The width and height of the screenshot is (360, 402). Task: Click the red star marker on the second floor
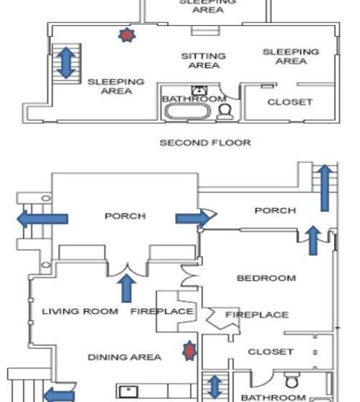coord(127,35)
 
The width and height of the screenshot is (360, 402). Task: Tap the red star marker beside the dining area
coord(189,351)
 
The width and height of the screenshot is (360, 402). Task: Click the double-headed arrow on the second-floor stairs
coord(66,63)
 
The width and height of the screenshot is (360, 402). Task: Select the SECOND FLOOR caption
coord(205,143)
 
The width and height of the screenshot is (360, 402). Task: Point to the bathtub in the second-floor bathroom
coord(188,111)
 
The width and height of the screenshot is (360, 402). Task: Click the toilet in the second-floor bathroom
coord(225,112)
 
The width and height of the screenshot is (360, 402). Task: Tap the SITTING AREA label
coord(204,60)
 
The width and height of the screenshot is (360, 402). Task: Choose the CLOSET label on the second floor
coord(290,102)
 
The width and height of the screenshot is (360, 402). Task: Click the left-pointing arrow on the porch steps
coord(42,219)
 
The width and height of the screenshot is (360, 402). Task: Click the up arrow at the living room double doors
coord(126,288)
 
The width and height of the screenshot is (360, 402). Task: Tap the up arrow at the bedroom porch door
coord(313,240)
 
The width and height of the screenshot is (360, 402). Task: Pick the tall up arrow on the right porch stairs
coord(325,188)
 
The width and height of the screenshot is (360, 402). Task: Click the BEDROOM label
coord(266,279)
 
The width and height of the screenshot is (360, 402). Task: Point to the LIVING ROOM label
coord(80,312)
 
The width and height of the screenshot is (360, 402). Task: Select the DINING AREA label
coord(125,357)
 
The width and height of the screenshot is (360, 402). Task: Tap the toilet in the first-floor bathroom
coord(292,380)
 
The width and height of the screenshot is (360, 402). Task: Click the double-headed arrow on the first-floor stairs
coord(214,387)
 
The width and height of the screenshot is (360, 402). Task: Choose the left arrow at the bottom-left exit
coord(59,395)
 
